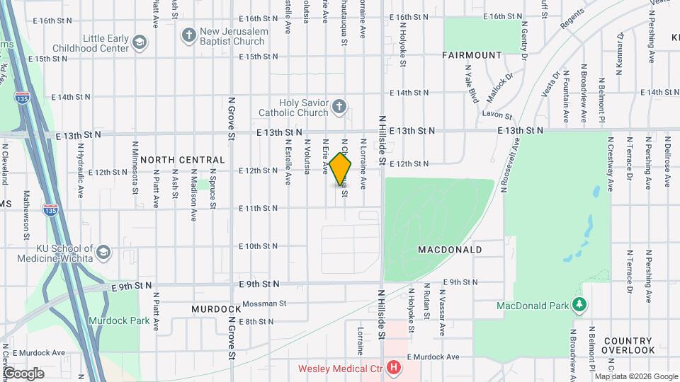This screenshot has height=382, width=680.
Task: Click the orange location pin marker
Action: pos(341,169)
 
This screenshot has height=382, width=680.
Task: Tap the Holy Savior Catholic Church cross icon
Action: pos(339,108)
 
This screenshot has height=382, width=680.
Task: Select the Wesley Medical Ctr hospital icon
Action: pos(394,368)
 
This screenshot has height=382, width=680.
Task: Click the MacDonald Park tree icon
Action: pos(580,305)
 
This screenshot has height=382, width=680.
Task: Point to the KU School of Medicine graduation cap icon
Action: pos(103,253)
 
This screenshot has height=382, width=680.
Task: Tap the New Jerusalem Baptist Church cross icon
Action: pos(188,35)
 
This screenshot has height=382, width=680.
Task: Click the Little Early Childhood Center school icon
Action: pos(141,43)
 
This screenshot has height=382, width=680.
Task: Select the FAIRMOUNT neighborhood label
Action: pos(472,54)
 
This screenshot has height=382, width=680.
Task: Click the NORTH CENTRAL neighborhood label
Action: pos(182,160)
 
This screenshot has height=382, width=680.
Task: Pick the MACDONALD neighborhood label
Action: pos(450,250)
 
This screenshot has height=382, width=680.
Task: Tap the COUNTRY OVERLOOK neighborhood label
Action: pos(628,345)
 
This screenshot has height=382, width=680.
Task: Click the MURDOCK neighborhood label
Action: pos(216,309)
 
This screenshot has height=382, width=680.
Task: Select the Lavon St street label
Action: pos(498,115)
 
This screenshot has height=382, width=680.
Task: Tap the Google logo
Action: pos(23,373)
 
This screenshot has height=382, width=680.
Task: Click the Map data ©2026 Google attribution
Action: pos(641,376)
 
